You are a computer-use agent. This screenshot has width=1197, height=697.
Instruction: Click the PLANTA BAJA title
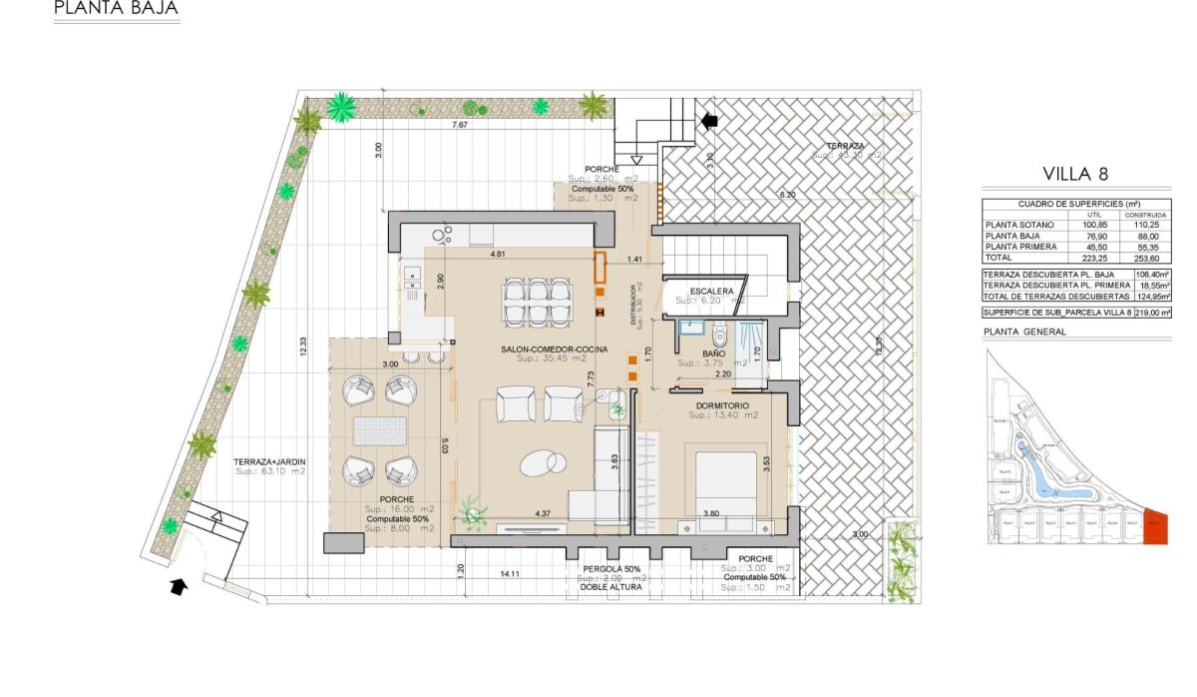click(x=117, y=10)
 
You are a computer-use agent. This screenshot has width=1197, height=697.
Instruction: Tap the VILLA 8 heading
click(x=1075, y=173)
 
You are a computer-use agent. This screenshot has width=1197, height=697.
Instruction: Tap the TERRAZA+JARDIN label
click(x=269, y=461)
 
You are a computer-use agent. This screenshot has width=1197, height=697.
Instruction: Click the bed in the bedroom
click(x=725, y=486)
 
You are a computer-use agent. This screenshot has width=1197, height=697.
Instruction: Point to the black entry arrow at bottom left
click(x=180, y=586)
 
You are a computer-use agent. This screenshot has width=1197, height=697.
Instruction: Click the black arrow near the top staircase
click(x=709, y=121)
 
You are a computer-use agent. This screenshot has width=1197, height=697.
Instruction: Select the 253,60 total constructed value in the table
click(x=1145, y=258)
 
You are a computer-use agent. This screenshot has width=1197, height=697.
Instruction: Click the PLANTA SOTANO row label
click(x=1019, y=225)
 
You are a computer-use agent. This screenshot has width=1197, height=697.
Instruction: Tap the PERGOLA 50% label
click(x=609, y=567)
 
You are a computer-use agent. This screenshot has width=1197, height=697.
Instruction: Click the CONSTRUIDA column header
click(x=1145, y=214)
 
